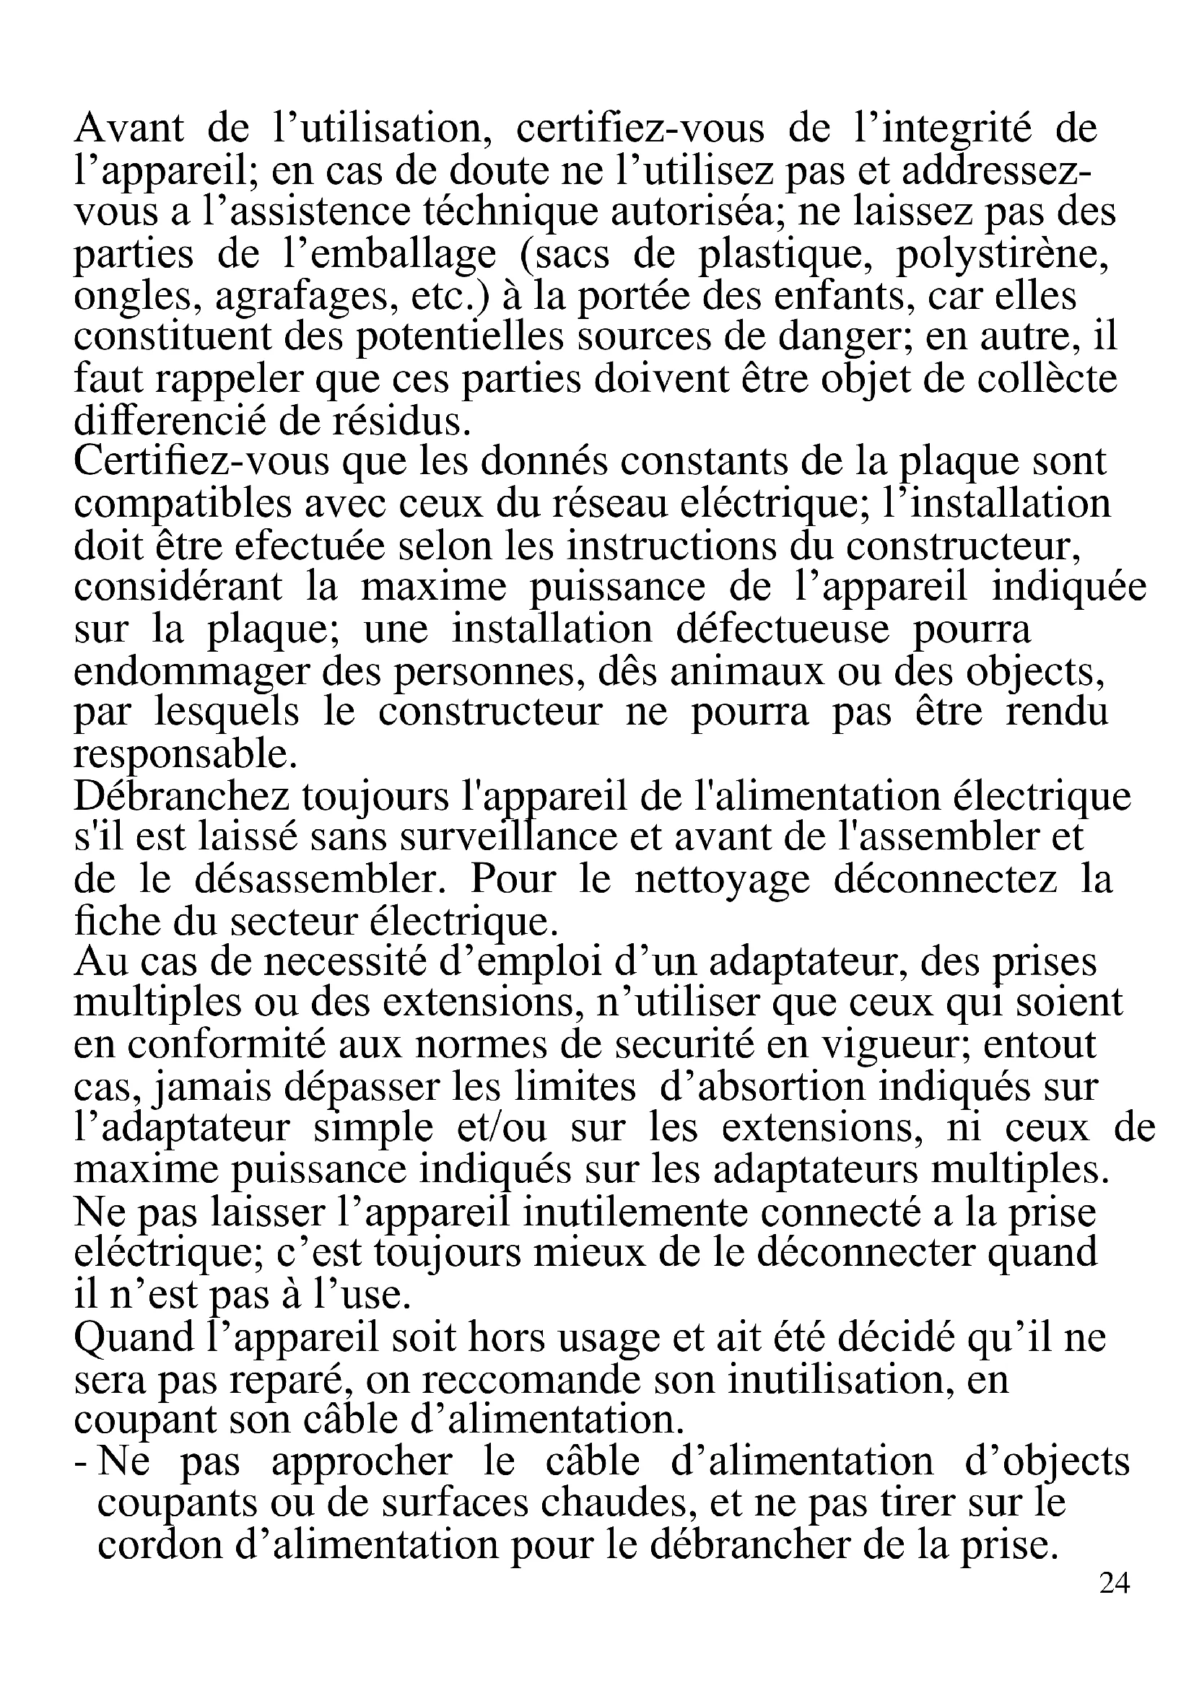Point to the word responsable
pos(186,755)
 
